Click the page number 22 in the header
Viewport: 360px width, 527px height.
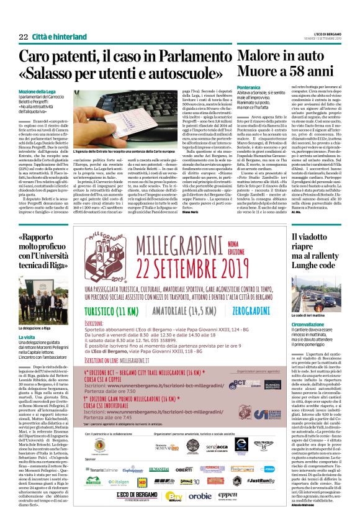pyautogui.click(x=23, y=20)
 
